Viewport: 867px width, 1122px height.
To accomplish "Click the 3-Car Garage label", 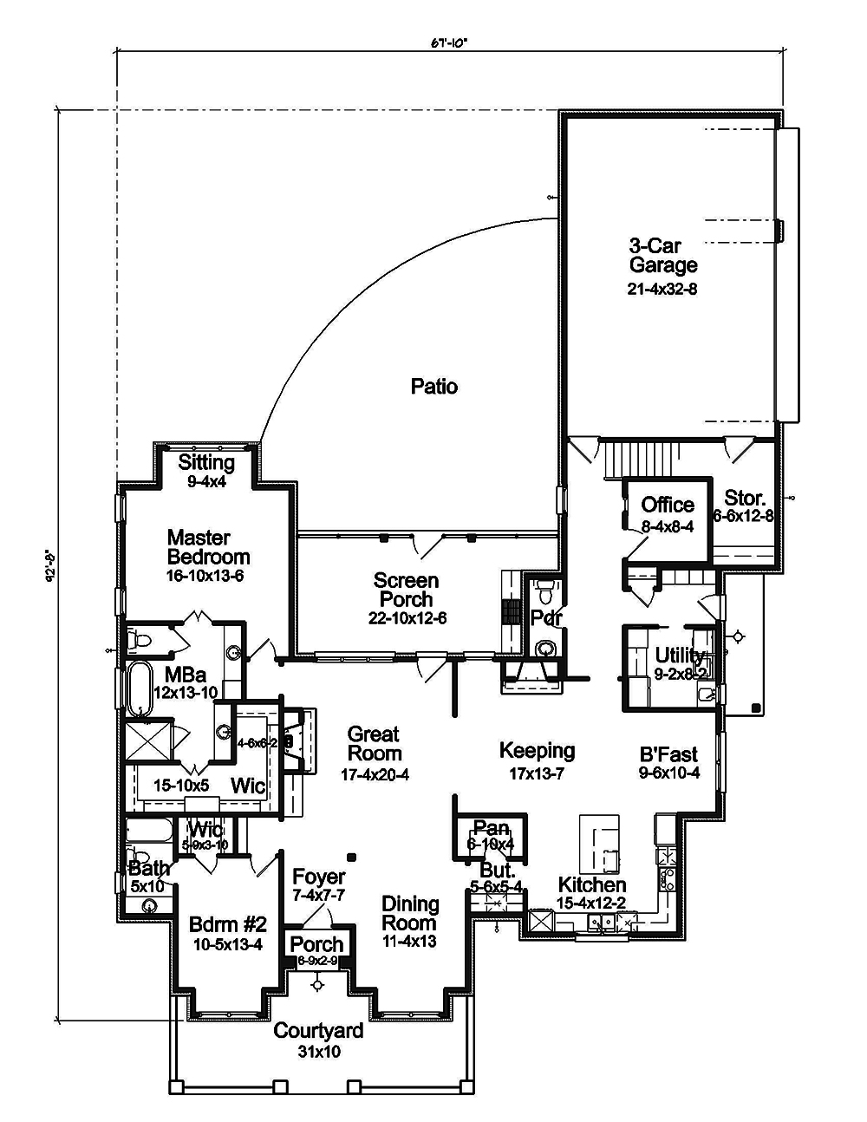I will pyautogui.click(x=663, y=256).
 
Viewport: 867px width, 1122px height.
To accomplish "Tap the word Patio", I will pyautogui.click(x=434, y=387).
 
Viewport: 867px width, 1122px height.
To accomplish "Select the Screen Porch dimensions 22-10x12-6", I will pyautogui.click(x=407, y=618).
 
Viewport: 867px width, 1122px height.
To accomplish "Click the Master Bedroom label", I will pyautogui.click(x=208, y=547).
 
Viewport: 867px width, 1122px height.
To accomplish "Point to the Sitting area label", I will pyautogui.click(x=206, y=462).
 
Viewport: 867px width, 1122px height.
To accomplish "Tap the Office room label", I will pyautogui.click(x=668, y=505).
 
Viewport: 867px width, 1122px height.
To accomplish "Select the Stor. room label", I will pyautogui.click(x=745, y=499).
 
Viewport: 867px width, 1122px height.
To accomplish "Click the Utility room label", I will pyautogui.click(x=680, y=655).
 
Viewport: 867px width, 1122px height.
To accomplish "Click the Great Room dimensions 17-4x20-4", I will pyautogui.click(x=375, y=774).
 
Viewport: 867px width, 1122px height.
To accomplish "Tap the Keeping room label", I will pyautogui.click(x=537, y=750).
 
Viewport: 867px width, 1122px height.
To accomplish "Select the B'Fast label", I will pyautogui.click(x=668, y=754).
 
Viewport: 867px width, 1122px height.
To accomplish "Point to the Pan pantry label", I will pyautogui.click(x=491, y=829).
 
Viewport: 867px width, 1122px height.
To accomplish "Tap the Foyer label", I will pyautogui.click(x=319, y=877).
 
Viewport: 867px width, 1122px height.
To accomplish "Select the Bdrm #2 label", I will pyautogui.click(x=227, y=925).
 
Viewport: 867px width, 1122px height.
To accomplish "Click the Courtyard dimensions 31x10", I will pyautogui.click(x=318, y=1051).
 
